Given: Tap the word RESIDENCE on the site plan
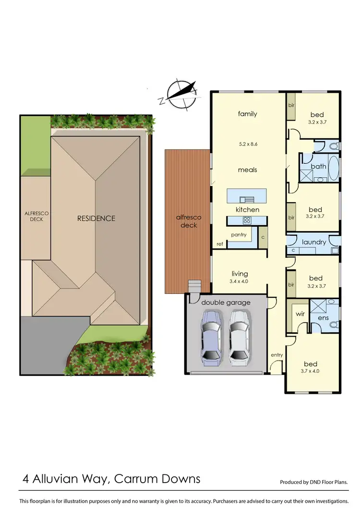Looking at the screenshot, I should click(96, 218).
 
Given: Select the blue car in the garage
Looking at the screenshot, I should click(211, 336).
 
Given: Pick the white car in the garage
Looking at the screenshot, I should click(239, 336).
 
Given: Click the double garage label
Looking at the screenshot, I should click(226, 302).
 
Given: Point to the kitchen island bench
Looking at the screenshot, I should click(247, 195).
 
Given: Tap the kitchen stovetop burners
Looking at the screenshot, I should click(247, 220).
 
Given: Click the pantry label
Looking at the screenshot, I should click(239, 235).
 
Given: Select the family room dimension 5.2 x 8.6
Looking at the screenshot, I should click(248, 143).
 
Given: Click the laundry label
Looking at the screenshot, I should click(314, 242).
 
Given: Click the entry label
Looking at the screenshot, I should click(277, 355).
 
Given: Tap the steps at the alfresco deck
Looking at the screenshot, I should click(194, 286).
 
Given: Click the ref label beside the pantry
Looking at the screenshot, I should click(219, 244).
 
